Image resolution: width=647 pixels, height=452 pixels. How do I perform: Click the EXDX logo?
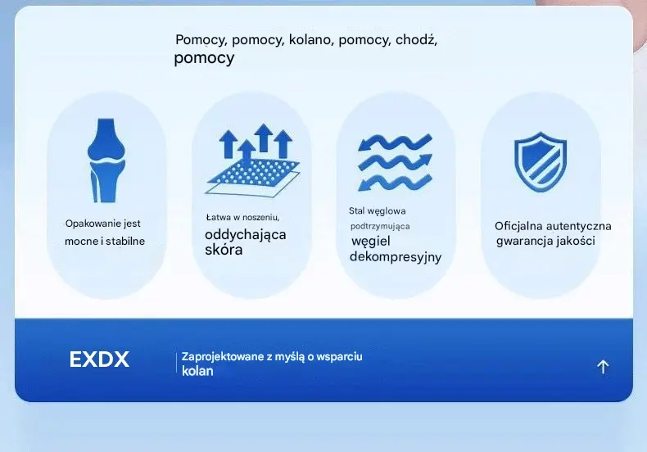[x=99, y=359]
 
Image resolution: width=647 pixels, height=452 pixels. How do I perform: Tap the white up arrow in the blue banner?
[x=603, y=367]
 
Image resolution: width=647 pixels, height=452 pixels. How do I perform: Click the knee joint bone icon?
[x=106, y=160]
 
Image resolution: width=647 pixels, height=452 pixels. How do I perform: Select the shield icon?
[x=541, y=161]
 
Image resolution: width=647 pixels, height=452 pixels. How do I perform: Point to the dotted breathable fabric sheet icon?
[x=252, y=178]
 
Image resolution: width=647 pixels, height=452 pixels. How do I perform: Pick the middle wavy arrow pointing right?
[x=395, y=162]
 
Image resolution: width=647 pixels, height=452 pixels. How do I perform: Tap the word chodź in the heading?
[x=416, y=40]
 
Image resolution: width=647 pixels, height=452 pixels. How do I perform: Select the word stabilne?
[x=125, y=242]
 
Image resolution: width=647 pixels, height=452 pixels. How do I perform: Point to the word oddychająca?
[x=246, y=235]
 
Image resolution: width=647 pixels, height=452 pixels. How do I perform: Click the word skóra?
[x=224, y=250]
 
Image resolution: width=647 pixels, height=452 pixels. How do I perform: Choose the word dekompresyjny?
[x=396, y=257]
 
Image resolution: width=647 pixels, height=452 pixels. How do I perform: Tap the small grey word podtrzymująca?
[x=380, y=227]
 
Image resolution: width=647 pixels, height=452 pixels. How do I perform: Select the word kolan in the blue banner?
[x=197, y=371]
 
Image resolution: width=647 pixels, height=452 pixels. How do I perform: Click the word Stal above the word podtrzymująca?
[x=356, y=211]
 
